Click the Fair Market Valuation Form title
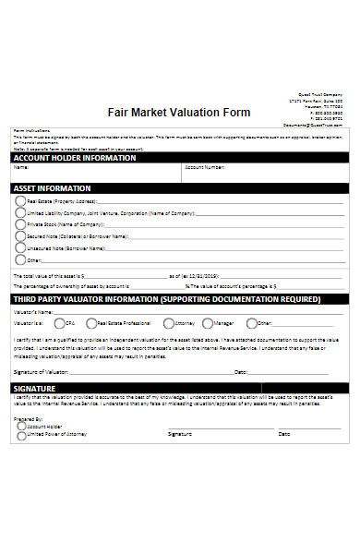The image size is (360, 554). coord(179,113)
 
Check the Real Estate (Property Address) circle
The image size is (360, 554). coord(20,200)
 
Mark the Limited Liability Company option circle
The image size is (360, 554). coord(20,212)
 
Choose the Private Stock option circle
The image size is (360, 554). coord(20,224)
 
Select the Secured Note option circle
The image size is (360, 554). coord(20,236)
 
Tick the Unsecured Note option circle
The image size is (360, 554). coord(20,248)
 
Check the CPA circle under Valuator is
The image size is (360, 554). coord(59,323)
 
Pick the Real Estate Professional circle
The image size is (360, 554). coord(91,323)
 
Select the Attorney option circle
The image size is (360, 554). coord(168,323)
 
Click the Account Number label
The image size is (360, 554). coord(204,168)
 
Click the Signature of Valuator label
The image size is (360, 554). coord(43,371)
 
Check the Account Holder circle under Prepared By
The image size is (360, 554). coord(21,428)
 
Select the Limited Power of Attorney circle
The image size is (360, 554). coord(21,437)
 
